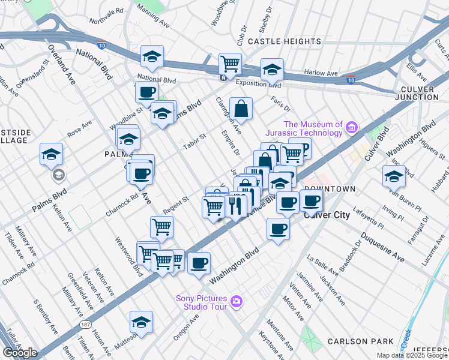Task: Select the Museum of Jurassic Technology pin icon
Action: click(352, 127)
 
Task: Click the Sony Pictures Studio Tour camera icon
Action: click(237, 301)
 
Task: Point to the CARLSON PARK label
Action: click(360, 341)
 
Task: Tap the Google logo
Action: click(20, 353)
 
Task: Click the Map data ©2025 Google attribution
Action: click(412, 355)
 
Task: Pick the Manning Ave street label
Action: click(153, 16)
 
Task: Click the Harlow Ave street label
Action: click(321, 73)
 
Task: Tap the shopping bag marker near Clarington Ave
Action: click(240, 109)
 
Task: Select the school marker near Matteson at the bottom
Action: click(142, 323)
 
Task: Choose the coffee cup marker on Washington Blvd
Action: click(199, 263)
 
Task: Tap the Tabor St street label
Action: click(194, 140)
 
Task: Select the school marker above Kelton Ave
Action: click(52, 154)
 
